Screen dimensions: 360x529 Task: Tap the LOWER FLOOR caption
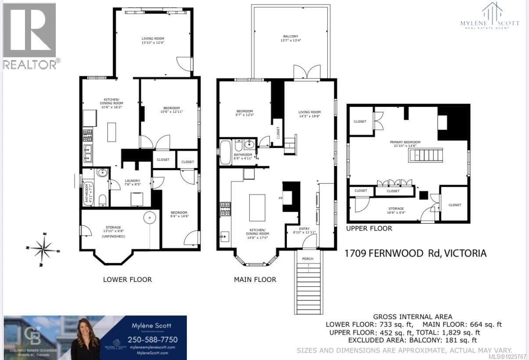[127, 279]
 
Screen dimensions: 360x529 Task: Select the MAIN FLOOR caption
[255, 279]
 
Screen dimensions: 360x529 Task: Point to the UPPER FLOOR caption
[369, 228]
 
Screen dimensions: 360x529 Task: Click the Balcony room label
[290, 39]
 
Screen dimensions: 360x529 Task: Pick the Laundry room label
[132, 182]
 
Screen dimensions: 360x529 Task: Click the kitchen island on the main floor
[257, 208]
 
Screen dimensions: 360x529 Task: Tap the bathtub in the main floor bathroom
[225, 153]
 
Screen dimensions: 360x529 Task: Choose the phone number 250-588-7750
[152, 340]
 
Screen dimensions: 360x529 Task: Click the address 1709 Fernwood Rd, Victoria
[415, 253]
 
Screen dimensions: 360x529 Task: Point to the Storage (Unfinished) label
[113, 232]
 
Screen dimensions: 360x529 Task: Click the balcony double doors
[307, 72]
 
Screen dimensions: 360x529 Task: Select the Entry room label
[304, 230]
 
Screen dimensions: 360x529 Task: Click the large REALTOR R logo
[30, 31]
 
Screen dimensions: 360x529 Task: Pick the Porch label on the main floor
[307, 259]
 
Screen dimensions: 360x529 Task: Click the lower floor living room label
[153, 40]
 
